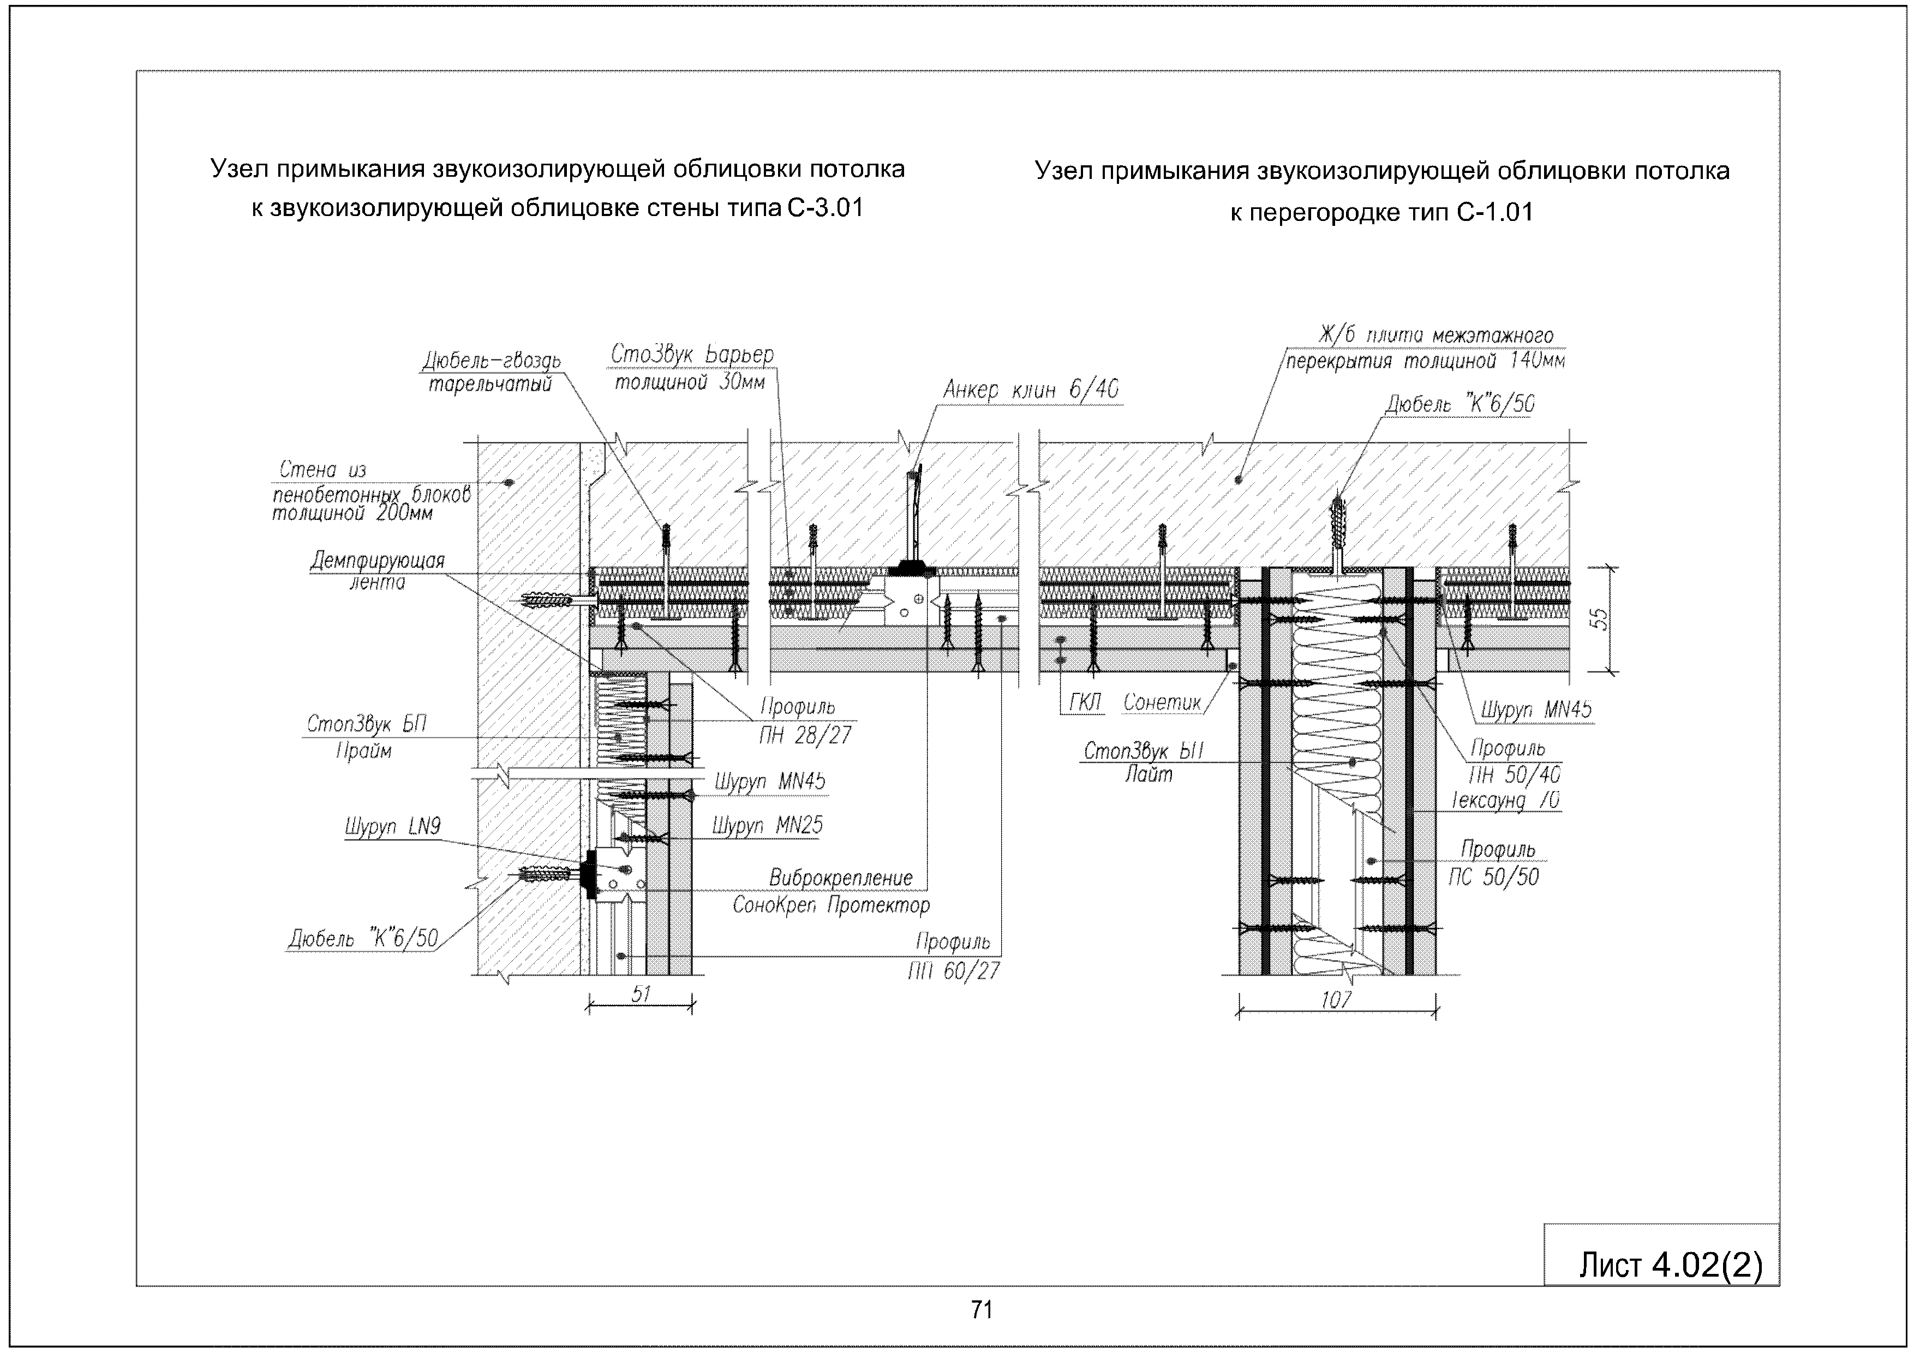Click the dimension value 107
[1336, 999]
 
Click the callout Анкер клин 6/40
[1030, 390]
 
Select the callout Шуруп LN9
[393, 827]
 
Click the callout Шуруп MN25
[767, 825]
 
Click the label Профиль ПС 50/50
[1498, 863]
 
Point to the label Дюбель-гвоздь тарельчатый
[491, 372]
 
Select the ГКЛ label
[1085, 703]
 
